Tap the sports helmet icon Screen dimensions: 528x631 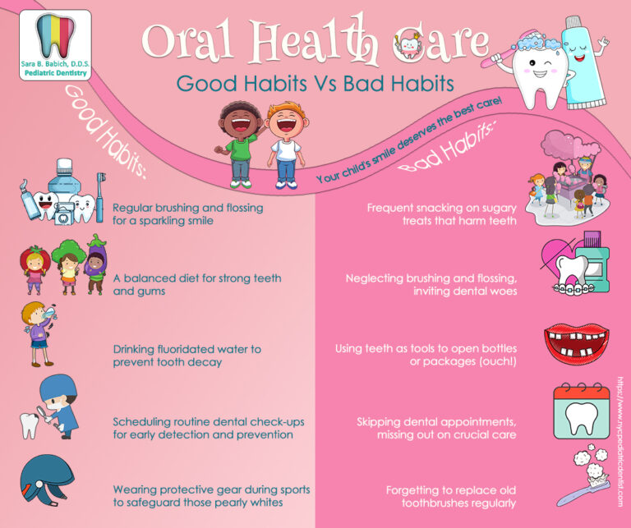point(47,483)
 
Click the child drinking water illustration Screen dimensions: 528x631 point(39,332)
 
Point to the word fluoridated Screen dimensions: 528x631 point(191,349)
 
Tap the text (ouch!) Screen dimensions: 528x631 point(491,362)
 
